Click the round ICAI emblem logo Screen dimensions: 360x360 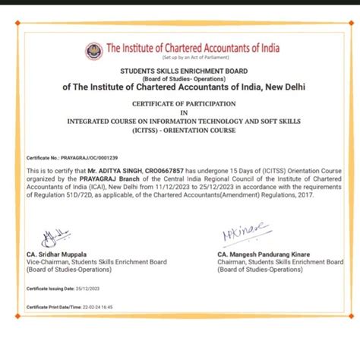93,52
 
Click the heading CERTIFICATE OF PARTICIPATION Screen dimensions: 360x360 178,103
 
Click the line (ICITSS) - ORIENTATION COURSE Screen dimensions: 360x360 178,130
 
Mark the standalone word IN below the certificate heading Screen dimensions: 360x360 178,112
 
